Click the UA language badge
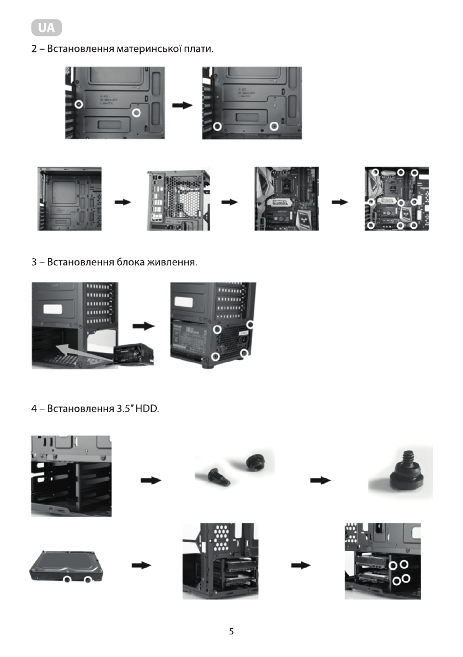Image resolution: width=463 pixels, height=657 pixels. point(47,27)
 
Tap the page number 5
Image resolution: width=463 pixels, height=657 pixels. point(231,631)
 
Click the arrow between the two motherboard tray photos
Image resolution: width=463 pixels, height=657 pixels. point(182,105)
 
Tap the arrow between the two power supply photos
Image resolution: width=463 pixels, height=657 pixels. point(145,326)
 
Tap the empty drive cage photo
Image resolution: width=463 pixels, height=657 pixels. point(71,476)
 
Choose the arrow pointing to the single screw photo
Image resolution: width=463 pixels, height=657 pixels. point(320,480)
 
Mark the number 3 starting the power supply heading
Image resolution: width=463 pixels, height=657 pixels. point(34,262)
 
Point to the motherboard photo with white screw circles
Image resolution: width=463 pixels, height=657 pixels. point(396,199)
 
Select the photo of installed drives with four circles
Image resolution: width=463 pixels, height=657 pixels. point(382,561)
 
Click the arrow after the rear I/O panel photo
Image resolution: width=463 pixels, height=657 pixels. point(230,202)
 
